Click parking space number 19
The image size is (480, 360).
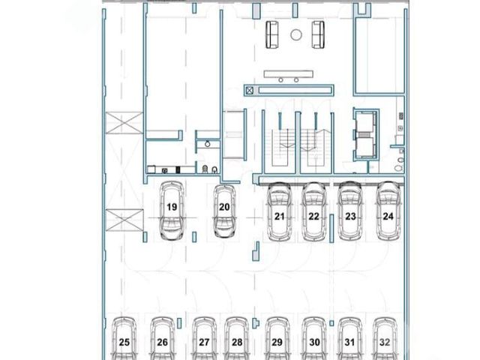172,207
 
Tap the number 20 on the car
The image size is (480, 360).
224,207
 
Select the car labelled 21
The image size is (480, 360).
279,211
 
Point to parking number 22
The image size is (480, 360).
313,217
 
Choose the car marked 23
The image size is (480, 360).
350,211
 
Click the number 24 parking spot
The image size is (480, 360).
388,217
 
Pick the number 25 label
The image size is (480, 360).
124,342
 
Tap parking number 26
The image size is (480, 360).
162,342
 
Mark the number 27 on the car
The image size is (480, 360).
204,342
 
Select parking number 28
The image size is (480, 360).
237,342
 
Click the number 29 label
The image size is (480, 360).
277,342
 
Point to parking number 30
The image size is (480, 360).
315,342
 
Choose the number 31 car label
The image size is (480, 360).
350,342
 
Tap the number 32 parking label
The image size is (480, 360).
385,342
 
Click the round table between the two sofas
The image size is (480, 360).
296,35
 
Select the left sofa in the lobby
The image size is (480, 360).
272,34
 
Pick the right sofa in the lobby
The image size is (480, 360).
318,34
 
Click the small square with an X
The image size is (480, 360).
250,90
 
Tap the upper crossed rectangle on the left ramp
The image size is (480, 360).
124,123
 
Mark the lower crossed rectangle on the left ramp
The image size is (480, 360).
124,220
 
